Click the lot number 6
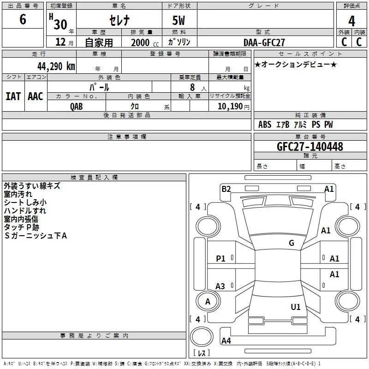tap(23, 19)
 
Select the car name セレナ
tap(119, 20)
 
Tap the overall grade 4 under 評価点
tap(351, 21)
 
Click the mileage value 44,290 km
tap(56, 66)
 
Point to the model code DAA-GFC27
tap(264, 42)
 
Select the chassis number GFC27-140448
tap(310, 146)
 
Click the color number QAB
tap(77, 107)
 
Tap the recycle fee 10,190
tap(230, 107)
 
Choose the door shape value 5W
tap(179, 20)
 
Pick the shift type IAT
tap(13, 96)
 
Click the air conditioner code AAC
tap(36, 96)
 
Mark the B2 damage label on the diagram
tap(226, 189)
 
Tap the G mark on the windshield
tap(292, 243)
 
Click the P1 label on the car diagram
tap(221, 259)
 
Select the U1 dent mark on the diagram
tap(296, 307)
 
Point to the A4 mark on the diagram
tap(226, 340)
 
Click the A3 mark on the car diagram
tap(220, 286)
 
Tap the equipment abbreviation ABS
tap(265, 125)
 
